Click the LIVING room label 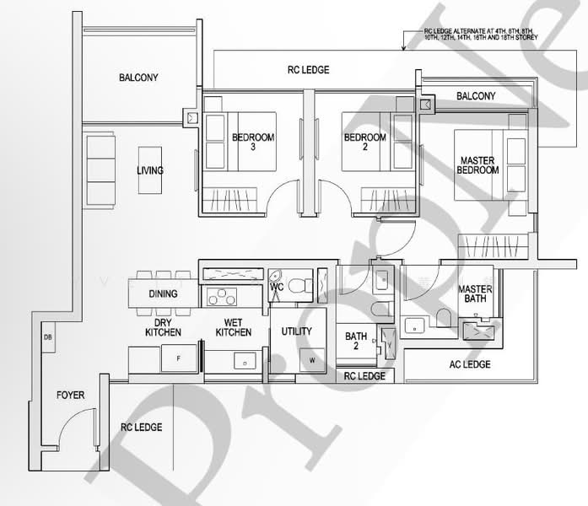[x=150, y=170]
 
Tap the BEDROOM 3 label [x=251, y=142]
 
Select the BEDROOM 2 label [x=364, y=142]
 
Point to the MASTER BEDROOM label [x=478, y=164]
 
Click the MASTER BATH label [x=475, y=295]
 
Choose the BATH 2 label [x=356, y=342]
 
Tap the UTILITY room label [x=296, y=331]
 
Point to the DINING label [x=163, y=294]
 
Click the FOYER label [x=70, y=395]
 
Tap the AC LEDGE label [x=470, y=364]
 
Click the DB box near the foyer [x=47, y=338]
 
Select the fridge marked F [x=177, y=359]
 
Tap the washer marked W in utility [x=312, y=360]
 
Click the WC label [x=276, y=288]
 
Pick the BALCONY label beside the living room [x=138, y=78]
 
